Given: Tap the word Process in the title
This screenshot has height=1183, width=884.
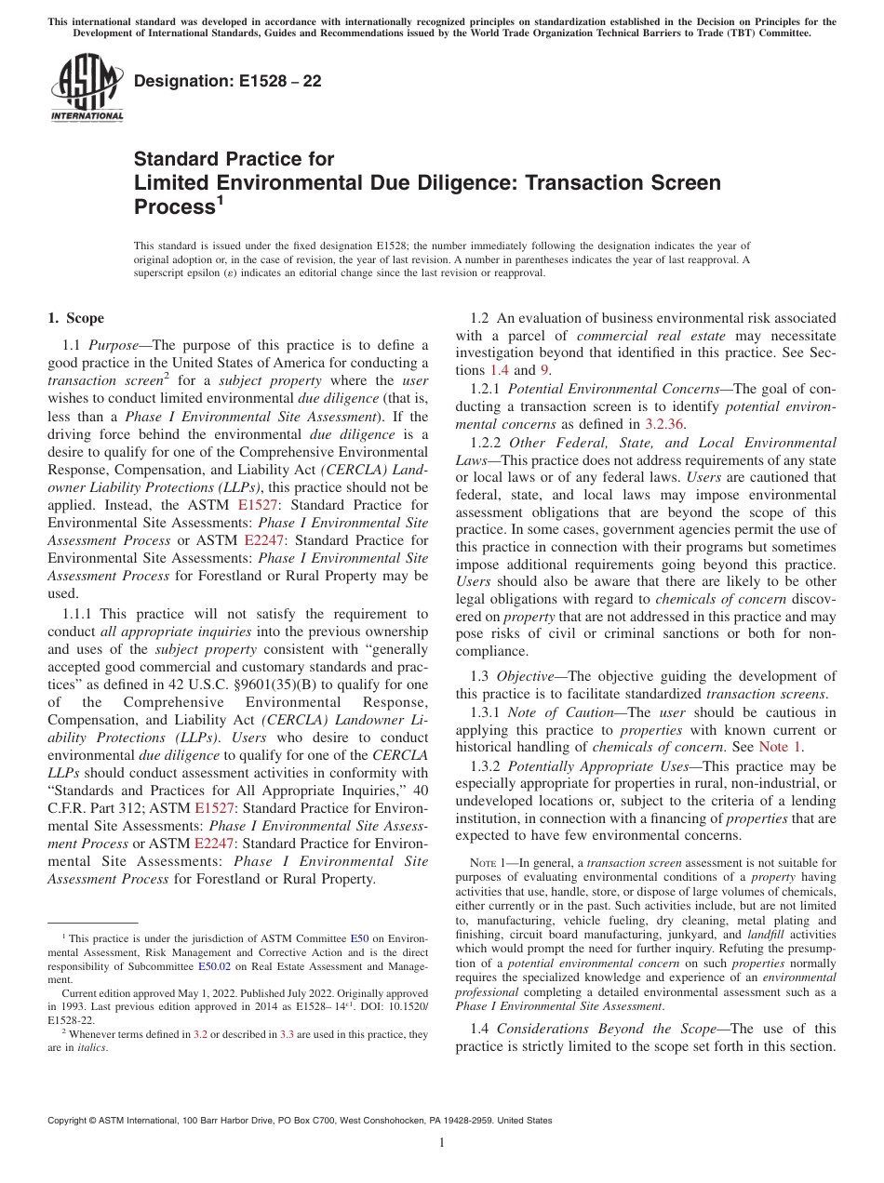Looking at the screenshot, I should [175, 206].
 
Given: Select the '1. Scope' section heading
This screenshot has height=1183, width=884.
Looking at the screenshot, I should [75, 319].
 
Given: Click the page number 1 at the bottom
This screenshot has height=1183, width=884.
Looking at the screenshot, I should [442, 1142].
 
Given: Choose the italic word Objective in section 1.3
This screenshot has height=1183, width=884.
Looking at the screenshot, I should [527, 676].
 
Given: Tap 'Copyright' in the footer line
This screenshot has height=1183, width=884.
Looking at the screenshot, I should [70, 1121].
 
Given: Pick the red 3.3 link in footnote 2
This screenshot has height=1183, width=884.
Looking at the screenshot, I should [287, 1033].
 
